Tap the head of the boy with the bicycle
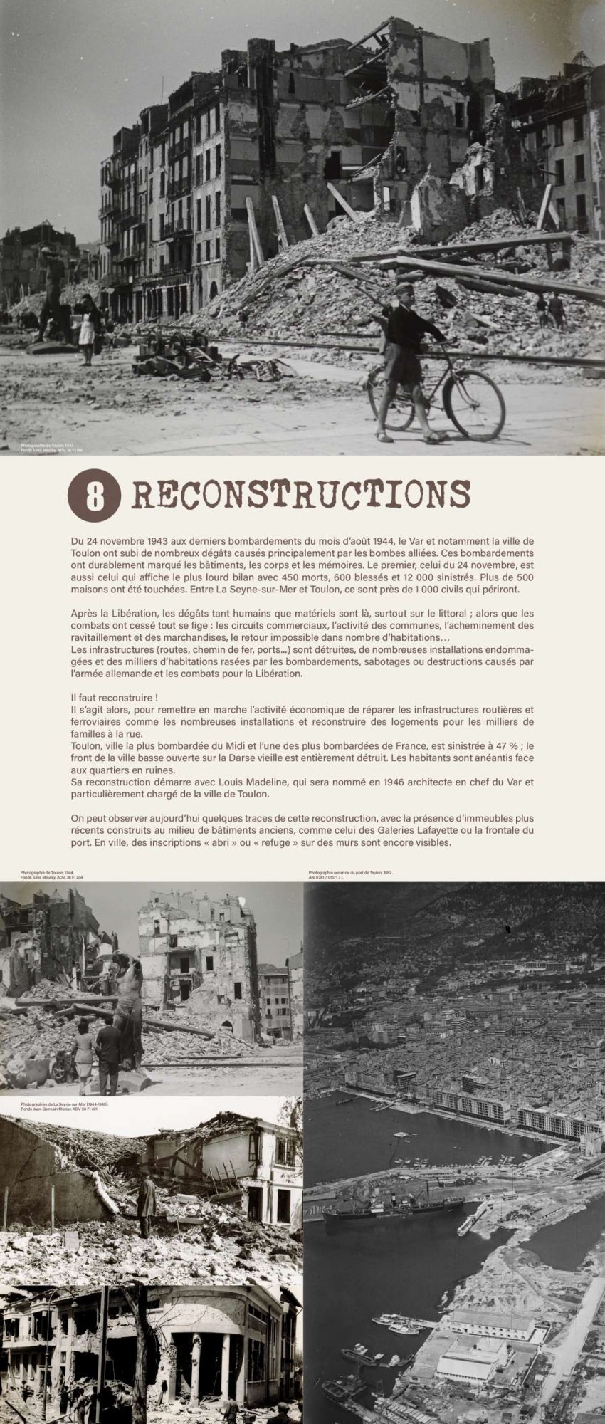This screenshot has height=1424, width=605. click(x=404, y=293)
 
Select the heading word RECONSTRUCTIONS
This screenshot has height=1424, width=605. click(x=301, y=494)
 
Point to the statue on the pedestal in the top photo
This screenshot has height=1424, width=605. click(x=53, y=292)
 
